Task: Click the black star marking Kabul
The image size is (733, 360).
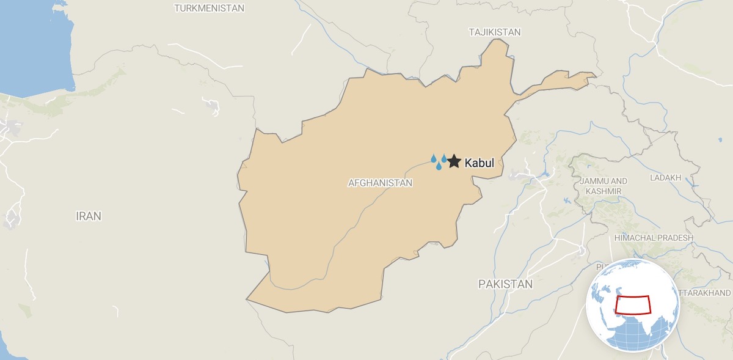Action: click(x=453, y=161)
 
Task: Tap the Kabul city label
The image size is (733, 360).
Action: click(x=479, y=163)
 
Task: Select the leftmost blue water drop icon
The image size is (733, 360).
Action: click(x=434, y=159)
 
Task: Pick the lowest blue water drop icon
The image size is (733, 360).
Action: click(x=439, y=166)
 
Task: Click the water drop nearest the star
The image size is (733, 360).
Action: click(x=444, y=159)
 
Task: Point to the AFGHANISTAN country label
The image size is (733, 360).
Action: click(x=380, y=183)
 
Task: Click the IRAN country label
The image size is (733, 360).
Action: click(x=89, y=216)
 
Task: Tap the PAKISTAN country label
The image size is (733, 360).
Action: click(x=505, y=284)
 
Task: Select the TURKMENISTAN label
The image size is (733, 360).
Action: click(x=209, y=9)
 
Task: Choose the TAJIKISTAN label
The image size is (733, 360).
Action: click(x=495, y=32)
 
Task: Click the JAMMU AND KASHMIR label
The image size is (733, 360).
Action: click(x=604, y=186)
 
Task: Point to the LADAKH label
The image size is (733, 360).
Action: click(x=665, y=178)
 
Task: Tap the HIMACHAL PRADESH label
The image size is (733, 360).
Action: click(x=654, y=238)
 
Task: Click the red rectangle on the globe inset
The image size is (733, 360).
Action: click(x=633, y=304)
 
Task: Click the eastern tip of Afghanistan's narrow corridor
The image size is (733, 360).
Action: click(x=596, y=75)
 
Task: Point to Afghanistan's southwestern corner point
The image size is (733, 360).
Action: click(x=247, y=299)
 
